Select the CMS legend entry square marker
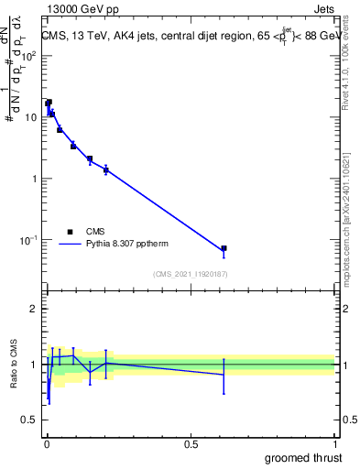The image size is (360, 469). [x=70, y=232]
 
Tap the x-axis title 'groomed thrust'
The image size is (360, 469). [x=304, y=457]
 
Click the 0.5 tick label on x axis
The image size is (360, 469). [x=191, y=444]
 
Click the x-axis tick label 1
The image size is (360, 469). [x=334, y=444]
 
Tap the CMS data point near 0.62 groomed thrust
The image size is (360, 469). [x=224, y=248]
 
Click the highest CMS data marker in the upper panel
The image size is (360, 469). [x=49, y=103]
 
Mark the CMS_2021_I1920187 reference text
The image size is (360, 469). [x=191, y=274]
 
